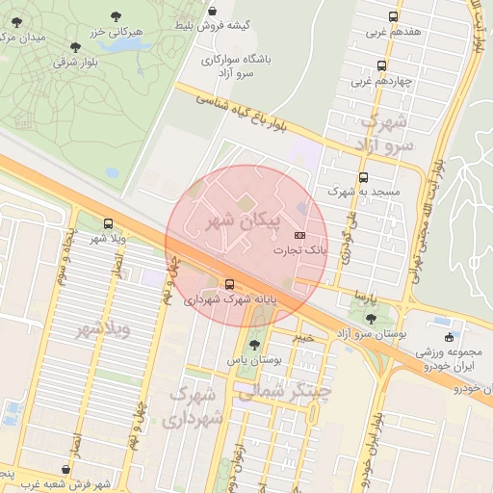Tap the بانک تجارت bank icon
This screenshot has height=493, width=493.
tap(299, 235)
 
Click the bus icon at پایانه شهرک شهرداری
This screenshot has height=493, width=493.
tap(229, 284)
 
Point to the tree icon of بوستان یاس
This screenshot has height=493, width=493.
tap(254, 345)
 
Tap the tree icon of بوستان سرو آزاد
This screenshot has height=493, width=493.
tap(371, 318)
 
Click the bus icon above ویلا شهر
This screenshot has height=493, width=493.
tap(107, 223)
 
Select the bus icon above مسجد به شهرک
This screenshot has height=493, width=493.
tap(363, 177)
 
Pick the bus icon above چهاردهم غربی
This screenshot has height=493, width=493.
tap(382, 66)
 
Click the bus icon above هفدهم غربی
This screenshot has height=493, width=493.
tap(392, 16)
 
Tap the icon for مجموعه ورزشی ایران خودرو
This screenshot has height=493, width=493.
tap(449, 337)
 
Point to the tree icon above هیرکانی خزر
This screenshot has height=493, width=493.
tap(117, 16)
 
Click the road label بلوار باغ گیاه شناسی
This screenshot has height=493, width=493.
tap(241, 109)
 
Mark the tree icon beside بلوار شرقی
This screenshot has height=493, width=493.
tap(75, 46)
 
